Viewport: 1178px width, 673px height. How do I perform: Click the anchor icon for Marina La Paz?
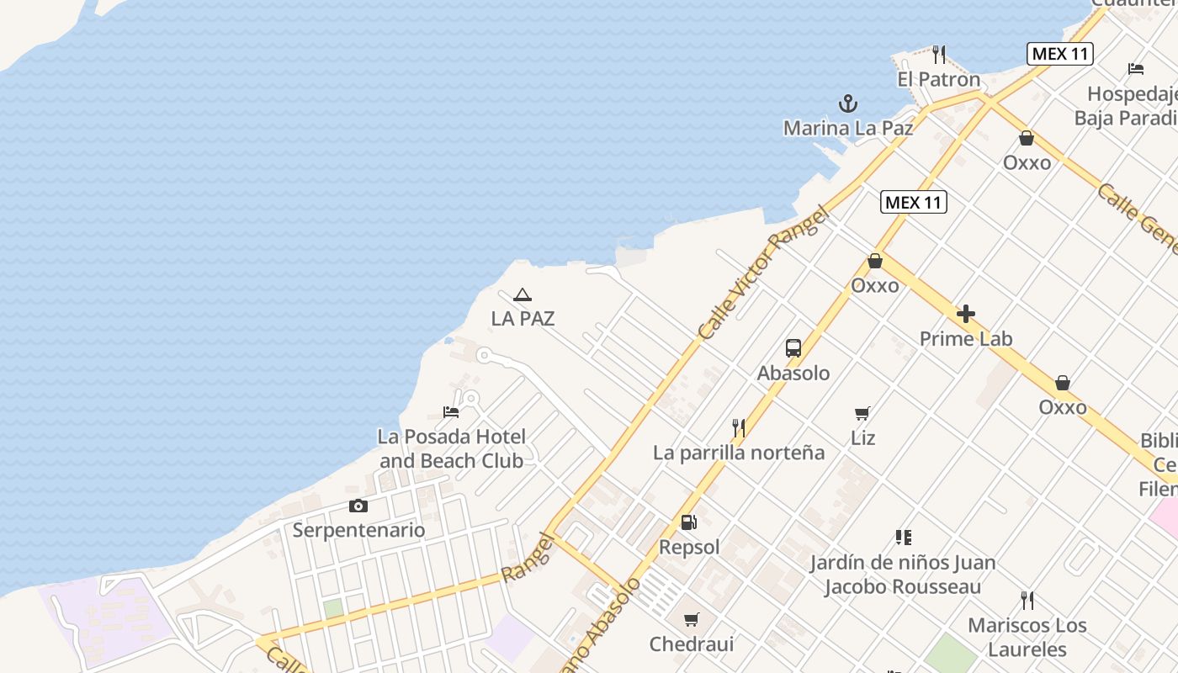848,103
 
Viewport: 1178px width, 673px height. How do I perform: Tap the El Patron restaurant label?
938,80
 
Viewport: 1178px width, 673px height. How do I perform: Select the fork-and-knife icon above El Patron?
939,55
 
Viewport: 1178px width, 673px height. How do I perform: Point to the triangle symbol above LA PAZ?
523,294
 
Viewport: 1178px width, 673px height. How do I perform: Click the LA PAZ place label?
523,319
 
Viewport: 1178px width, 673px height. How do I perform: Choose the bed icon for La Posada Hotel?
451,412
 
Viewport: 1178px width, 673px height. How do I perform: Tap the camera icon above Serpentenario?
358,506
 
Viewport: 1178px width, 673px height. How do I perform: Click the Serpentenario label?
358,530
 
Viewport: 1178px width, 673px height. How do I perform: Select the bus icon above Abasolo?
793,347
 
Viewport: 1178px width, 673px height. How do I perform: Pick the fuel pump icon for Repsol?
688,522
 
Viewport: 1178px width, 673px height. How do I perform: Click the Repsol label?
689,548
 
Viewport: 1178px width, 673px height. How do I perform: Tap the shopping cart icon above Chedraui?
691,620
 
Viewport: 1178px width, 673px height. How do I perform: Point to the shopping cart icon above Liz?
862,413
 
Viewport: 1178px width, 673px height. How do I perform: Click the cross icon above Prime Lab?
966,315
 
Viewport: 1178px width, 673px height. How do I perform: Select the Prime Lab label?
966,339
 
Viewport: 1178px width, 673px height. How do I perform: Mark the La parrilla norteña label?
739,453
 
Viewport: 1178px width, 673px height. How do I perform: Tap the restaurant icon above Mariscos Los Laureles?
1027,601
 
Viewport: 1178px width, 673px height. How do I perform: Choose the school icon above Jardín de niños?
903,537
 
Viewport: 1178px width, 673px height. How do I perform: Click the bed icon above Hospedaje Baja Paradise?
1135,69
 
